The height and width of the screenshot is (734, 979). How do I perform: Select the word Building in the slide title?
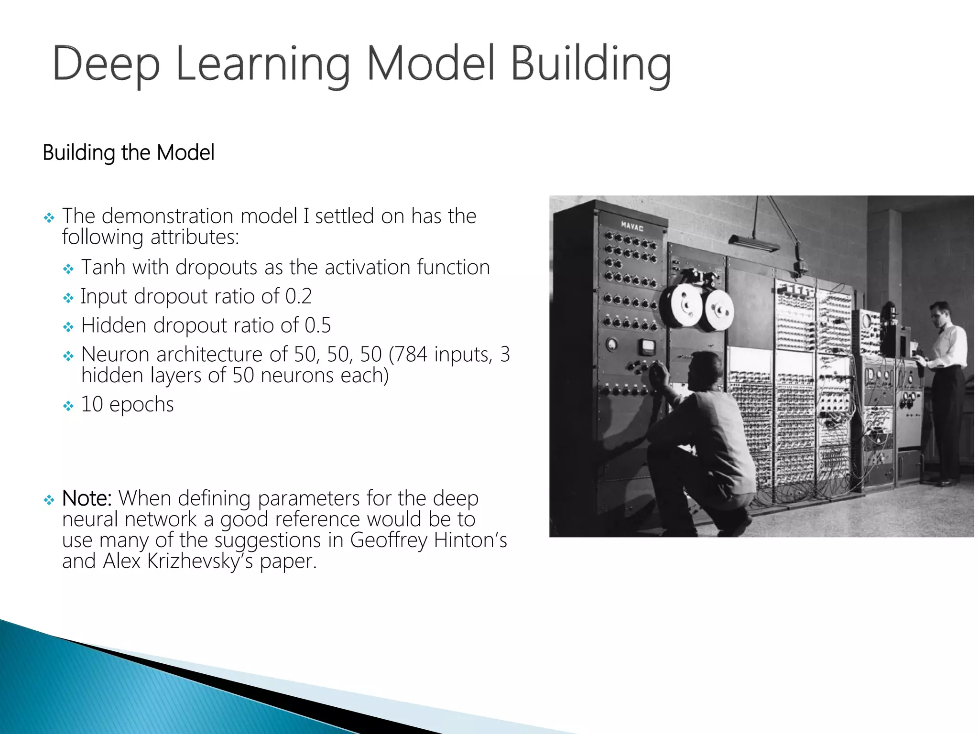point(591,65)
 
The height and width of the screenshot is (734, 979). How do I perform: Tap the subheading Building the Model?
point(129,153)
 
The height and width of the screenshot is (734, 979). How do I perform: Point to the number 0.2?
point(298,296)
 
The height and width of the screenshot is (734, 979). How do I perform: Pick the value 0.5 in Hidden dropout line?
point(318,325)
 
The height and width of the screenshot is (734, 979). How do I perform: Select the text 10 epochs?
point(127,404)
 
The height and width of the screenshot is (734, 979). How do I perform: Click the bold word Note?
point(87,498)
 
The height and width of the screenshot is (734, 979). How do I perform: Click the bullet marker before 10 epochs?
point(68,406)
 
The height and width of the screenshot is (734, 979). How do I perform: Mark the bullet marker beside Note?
point(49,500)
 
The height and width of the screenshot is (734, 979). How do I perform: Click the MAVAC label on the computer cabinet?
point(632,226)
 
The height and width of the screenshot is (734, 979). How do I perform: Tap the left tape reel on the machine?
point(682,305)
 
